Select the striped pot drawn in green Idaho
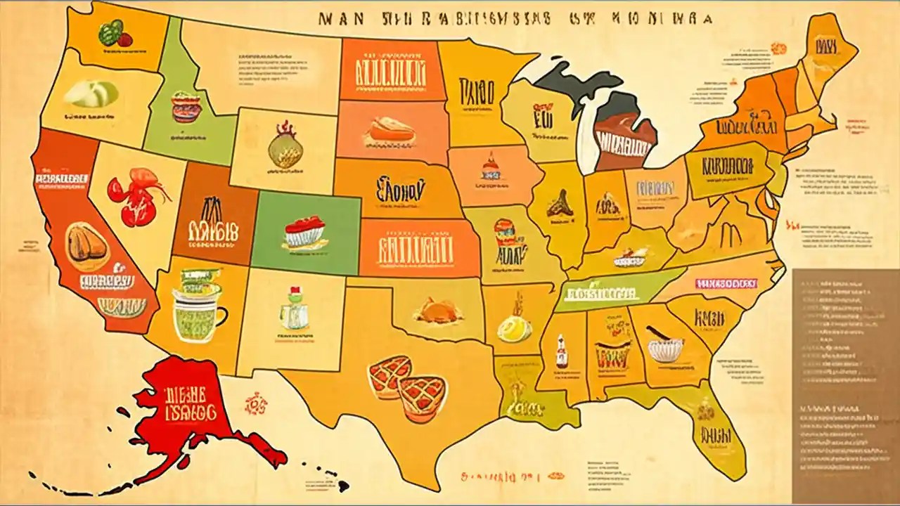[x=186, y=107]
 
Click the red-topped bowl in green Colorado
[x=305, y=233]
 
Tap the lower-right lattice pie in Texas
[x=422, y=397]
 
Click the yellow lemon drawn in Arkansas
[x=510, y=326]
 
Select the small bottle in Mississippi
[x=561, y=351]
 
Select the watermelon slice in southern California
[x=122, y=306]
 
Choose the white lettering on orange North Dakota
[x=390, y=72]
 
